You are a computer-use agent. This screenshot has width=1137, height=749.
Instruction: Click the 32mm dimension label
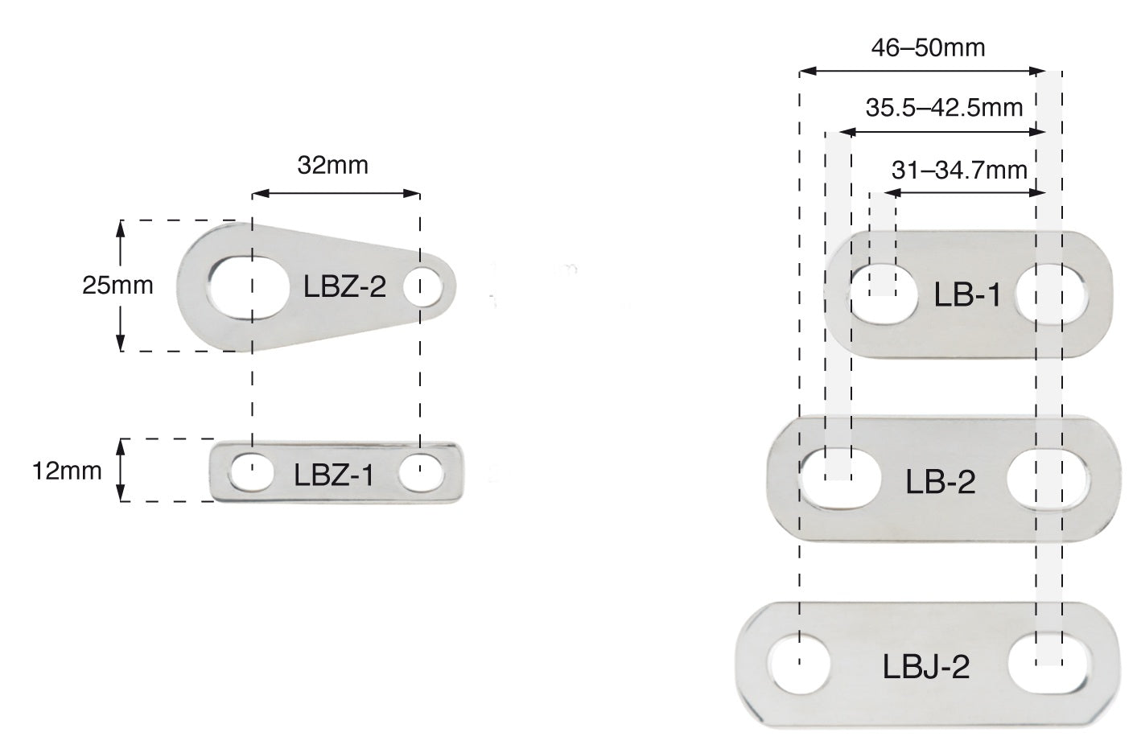click(332, 166)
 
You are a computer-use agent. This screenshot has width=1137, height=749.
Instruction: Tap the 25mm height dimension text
click(117, 285)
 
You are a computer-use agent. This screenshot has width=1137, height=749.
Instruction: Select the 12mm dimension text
click(68, 470)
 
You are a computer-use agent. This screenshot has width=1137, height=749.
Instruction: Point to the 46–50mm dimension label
click(928, 47)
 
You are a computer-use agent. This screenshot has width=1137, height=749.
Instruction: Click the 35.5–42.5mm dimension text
click(944, 106)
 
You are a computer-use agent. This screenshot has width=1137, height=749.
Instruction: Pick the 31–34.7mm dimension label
click(959, 170)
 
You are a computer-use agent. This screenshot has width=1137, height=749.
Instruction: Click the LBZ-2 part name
click(344, 286)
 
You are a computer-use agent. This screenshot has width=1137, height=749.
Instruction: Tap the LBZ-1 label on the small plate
click(333, 475)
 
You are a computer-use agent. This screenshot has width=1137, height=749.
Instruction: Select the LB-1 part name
click(966, 295)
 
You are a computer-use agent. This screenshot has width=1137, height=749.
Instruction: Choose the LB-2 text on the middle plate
click(940, 482)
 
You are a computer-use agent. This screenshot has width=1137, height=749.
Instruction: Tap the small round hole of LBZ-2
click(424, 288)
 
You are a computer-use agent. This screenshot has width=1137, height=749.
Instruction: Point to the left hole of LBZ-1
click(251, 471)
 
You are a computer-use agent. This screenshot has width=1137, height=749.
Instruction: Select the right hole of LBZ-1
click(421, 472)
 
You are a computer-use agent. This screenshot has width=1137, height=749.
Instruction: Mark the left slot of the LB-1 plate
click(883, 293)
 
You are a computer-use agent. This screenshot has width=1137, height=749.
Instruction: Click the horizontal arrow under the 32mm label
click(336, 194)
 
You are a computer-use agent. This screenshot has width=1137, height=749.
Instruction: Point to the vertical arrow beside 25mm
click(121, 285)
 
